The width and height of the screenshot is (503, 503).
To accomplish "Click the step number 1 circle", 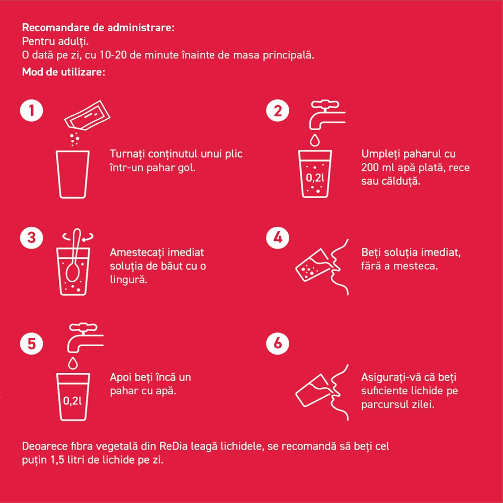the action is (31, 111).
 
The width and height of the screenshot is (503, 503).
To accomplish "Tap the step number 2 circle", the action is (278, 111).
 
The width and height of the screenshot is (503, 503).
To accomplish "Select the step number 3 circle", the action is (31, 238).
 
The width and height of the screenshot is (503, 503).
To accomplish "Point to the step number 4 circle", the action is (278, 238).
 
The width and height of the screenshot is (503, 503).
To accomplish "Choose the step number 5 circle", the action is (31, 343).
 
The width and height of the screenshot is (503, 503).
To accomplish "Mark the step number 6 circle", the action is (278, 343).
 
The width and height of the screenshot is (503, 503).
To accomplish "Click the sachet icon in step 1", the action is (87, 116).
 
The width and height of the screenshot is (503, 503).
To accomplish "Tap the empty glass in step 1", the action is (73, 174).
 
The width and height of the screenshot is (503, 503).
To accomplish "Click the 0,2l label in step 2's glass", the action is (315, 178).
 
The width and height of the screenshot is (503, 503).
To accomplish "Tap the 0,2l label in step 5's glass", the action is (72, 401).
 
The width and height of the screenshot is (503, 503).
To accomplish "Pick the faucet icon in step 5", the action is (86, 338).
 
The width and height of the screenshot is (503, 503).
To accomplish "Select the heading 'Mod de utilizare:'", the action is (63, 72).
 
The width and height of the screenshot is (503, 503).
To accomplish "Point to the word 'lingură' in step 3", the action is (129, 280).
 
